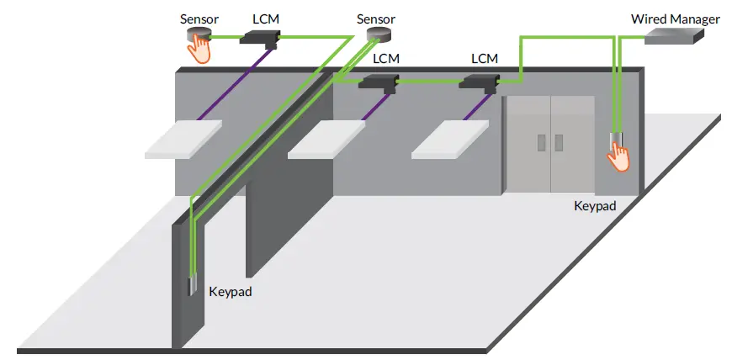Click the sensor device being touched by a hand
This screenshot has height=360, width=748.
(198, 35)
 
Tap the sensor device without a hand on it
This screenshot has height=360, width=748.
(377, 34)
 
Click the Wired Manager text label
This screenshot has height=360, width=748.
(676, 18)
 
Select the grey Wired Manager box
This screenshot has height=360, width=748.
(675, 35)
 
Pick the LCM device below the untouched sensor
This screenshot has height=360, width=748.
(378, 82)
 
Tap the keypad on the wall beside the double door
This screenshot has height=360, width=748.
(615, 139)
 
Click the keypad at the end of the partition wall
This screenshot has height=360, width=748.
(192, 286)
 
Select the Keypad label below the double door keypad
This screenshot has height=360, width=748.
(596, 204)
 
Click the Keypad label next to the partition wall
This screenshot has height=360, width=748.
(230, 292)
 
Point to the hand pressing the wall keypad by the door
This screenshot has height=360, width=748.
(619, 156)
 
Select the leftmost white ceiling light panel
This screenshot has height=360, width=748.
(183, 139)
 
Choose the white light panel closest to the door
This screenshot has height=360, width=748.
(450, 139)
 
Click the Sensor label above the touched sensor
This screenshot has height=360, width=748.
(199, 18)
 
